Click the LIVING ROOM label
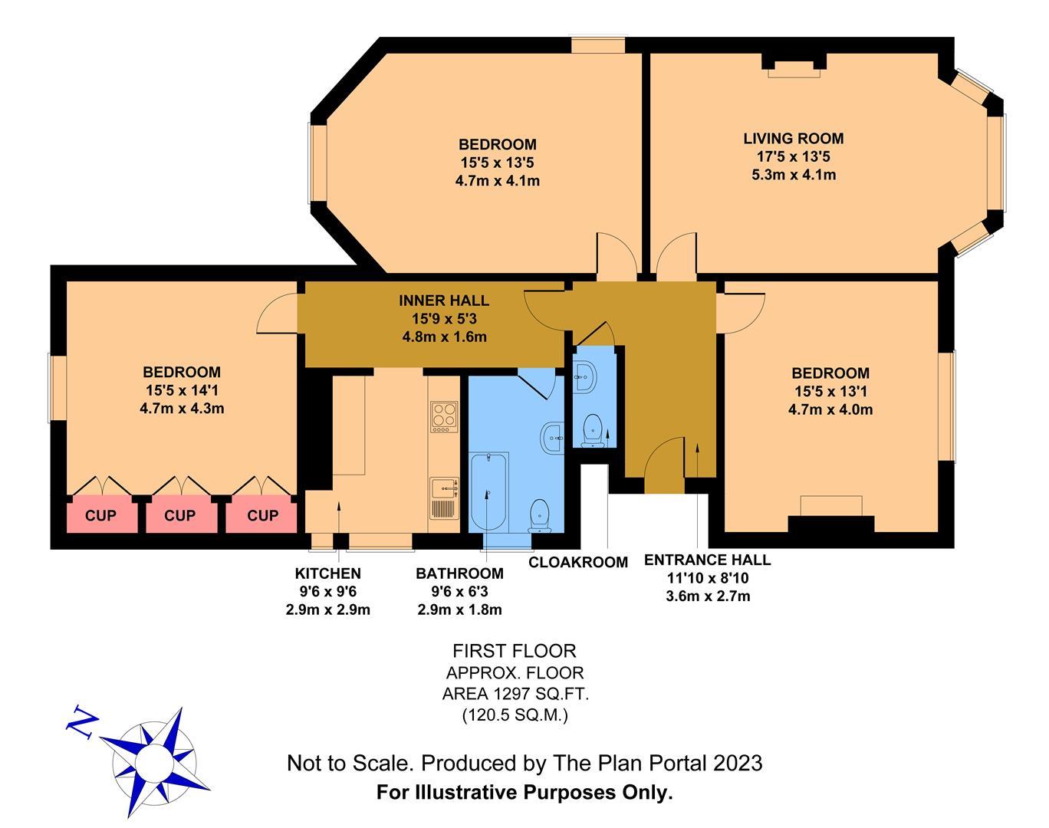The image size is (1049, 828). tap(793, 139)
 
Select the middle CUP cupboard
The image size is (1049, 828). tap(180, 516)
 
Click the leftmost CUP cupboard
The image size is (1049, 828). tap(100, 516)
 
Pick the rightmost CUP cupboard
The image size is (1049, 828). tap(262, 516)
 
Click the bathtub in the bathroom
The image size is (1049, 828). tap(488, 491)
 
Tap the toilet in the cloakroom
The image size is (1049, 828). tap(592, 429)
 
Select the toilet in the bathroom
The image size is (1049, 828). tap(541, 514)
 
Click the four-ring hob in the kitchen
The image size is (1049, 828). tap(443, 417)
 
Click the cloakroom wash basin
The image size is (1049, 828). tap(587, 376)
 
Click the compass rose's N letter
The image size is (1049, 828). tap(82, 722)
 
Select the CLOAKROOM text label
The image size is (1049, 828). tap(578, 563)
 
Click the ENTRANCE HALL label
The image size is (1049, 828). tap(707, 560)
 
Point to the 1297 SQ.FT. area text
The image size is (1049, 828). tap(515, 695)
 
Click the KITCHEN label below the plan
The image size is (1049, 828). tap(327, 573)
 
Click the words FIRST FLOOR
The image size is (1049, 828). tap(514, 652)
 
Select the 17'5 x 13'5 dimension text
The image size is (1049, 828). tap(793, 157)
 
